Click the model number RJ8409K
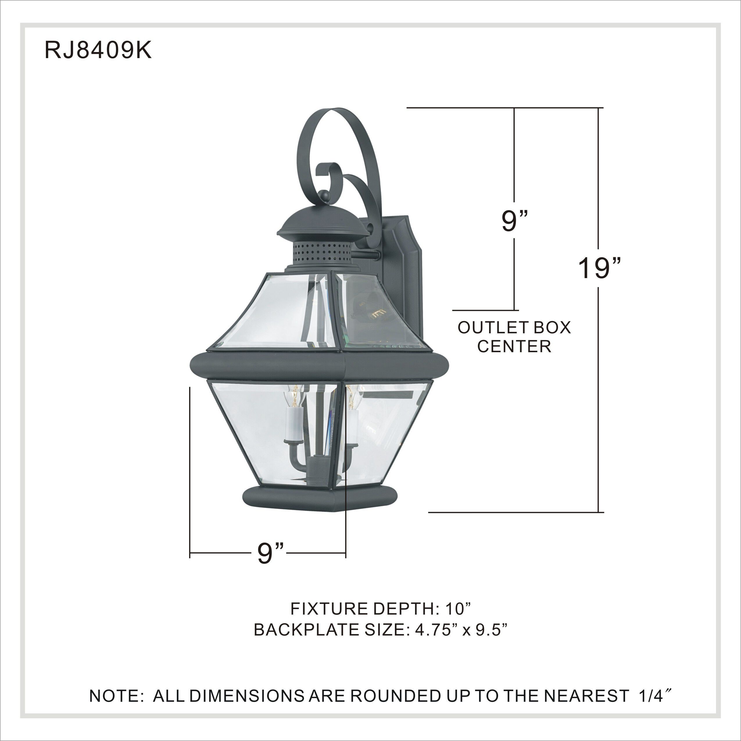tap(98, 50)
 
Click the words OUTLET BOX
tap(514, 327)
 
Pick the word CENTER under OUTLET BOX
tap(514, 346)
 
